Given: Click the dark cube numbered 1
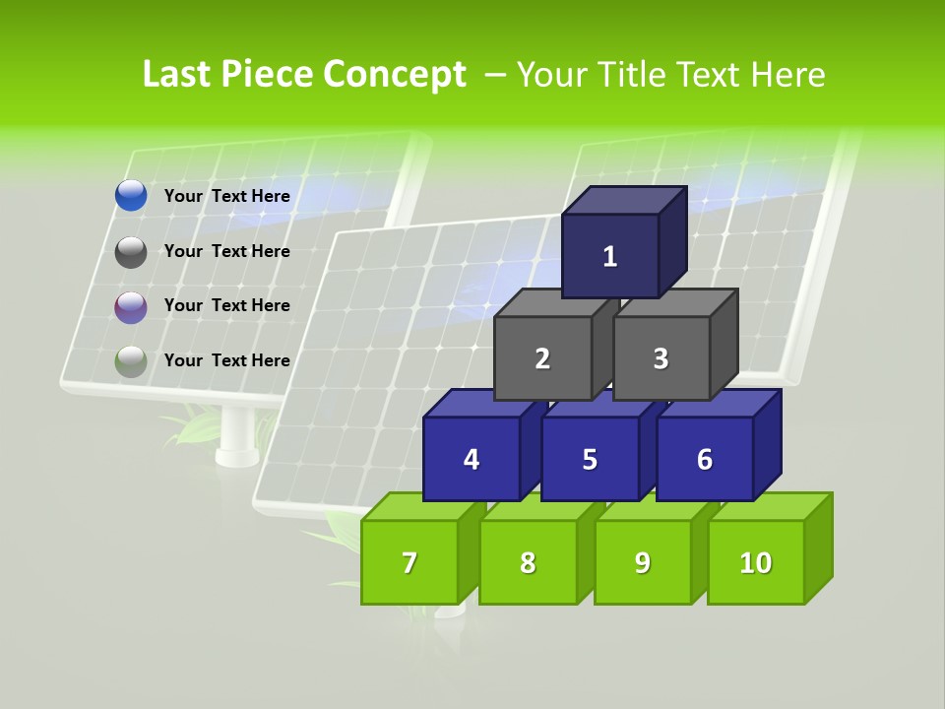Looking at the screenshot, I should (x=610, y=256).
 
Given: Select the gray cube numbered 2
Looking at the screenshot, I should (x=542, y=358).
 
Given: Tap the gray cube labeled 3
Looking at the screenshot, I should (x=661, y=358).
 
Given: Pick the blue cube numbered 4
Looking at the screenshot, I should (x=472, y=459).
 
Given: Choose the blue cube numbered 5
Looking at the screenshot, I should (x=590, y=459).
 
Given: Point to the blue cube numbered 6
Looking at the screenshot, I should (x=705, y=459).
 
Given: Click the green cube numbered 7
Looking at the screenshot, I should (x=409, y=562).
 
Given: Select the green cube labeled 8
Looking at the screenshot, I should (x=528, y=562).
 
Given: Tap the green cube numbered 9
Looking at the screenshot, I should (x=643, y=562).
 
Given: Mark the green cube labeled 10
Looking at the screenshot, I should (x=756, y=562).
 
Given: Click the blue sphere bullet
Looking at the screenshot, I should (x=131, y=196).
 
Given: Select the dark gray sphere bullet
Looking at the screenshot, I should (x=131, y=252).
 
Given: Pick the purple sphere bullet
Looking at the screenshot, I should (x=131, y=307).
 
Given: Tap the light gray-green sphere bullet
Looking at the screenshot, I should (x=131, y=361).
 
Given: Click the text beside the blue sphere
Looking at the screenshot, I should (x=227, y=196).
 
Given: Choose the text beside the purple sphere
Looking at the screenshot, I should (x=227, y=305).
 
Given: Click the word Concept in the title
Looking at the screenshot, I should (x=395, y=75).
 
